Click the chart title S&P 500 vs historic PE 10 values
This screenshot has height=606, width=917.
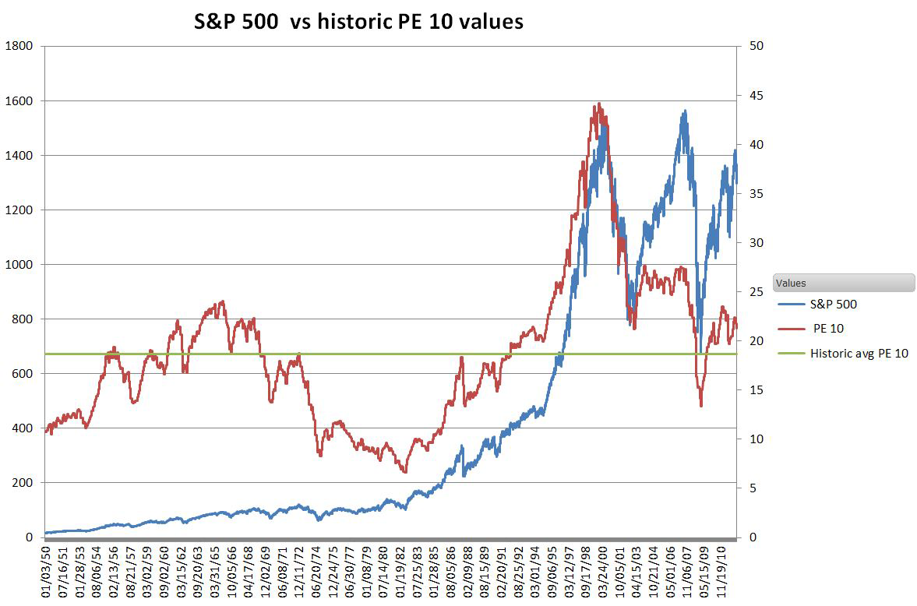[x=358, y=22]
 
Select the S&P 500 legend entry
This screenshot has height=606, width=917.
[x=833, y=305]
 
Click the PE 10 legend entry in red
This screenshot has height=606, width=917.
[x=827, y=329]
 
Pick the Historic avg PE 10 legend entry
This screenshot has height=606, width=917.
[x=859, y=353]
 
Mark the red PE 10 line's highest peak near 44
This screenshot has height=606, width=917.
[x=598, y=104]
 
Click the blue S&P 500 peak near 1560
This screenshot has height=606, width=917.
[x=684, y=111]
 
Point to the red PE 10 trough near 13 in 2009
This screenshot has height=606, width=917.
[x=701, y=405]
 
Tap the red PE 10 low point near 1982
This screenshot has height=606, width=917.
[x=404, y=471]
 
